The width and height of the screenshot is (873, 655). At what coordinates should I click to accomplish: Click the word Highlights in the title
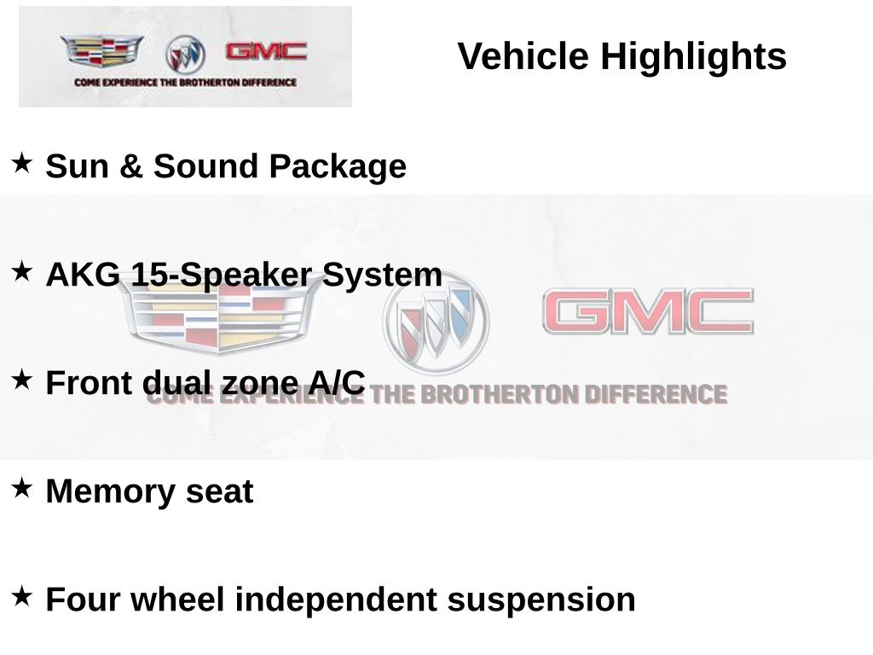(x=693, y=57)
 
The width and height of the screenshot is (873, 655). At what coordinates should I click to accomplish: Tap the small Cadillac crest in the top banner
(x=101, y=51)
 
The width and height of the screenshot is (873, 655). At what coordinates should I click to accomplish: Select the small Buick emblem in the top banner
(x=185, y=55)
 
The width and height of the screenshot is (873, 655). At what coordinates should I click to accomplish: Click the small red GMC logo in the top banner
(x=265, y=51)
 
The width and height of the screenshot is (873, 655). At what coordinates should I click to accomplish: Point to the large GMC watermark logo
(x=648, y=312)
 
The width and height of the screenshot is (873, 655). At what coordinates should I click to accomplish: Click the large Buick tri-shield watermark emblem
(x=436, y=322)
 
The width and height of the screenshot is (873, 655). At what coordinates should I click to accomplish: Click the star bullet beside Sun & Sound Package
(x=22, y=161)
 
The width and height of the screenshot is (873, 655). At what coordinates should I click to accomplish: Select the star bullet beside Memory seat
(x=22, y=487)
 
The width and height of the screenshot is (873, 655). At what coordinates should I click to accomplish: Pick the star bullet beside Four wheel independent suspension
(x=22, y=595)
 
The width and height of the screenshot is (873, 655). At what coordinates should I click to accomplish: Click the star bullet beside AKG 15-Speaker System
(x=22, y=270)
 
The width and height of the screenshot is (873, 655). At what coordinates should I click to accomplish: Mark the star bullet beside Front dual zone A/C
(x=22, y=379)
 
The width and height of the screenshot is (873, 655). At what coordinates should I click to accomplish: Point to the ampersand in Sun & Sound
(x=130, y=166)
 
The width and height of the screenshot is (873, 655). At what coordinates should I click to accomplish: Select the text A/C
(x=337, y=383)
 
